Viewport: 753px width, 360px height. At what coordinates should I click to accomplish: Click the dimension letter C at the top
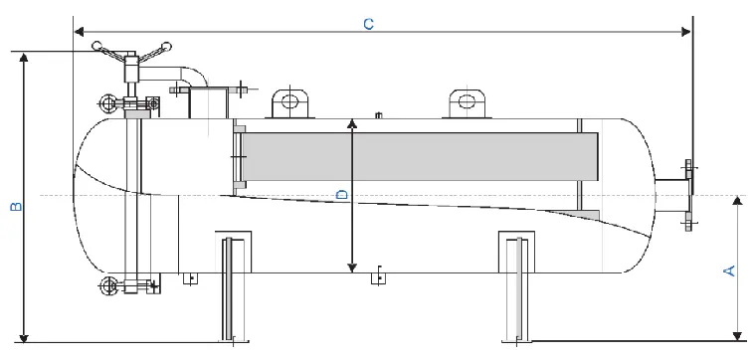(368, 23)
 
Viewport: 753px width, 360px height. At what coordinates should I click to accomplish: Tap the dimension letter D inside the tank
(341, 195)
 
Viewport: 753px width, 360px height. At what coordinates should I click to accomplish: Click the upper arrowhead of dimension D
(351, 122)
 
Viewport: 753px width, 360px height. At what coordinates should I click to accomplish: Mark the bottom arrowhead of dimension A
(737, 335)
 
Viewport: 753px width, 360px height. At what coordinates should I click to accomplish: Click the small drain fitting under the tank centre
(377, 277)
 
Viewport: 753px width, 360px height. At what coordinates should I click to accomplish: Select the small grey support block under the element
(589, 214)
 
